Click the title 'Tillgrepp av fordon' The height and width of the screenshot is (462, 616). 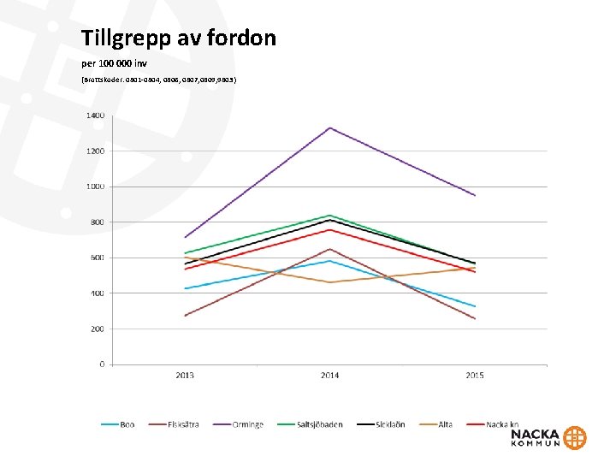179,38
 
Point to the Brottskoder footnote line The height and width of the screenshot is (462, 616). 159,80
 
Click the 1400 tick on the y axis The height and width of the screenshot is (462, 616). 95,115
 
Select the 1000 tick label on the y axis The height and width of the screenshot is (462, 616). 95,187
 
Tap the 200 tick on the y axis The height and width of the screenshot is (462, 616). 98,329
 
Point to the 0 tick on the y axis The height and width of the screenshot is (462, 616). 102,364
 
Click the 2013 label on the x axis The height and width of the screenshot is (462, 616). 185,376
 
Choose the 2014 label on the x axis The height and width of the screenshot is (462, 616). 329,376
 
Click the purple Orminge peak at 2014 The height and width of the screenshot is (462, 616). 329,127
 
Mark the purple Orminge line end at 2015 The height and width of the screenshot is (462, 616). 475,195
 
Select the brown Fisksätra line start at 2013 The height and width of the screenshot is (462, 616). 185,316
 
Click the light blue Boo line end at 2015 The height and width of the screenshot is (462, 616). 475,306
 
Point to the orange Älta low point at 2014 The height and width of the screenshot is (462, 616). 329,282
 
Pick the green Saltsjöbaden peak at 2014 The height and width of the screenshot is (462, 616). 329,215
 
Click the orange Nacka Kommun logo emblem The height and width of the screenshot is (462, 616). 576,437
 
